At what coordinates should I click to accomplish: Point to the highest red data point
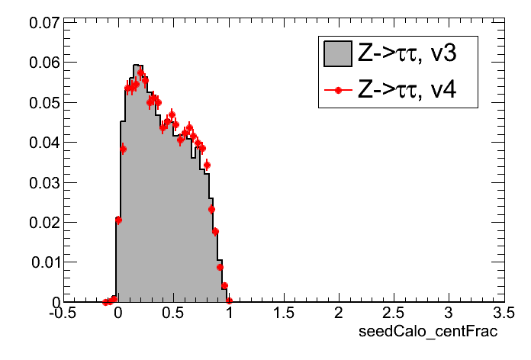tap(141, 73)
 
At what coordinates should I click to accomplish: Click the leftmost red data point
tap(106, 302)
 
